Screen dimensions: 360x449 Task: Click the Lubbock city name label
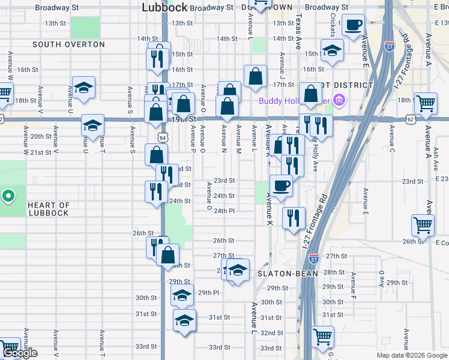pyautogui.click(x=164, y=7)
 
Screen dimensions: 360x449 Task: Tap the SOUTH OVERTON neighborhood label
pyautogui.click(x=68, y=44)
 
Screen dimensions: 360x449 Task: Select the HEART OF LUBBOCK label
pyautogui.click(x=49, y=209)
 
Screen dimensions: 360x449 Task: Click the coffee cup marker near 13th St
pyautogui.click(x=354, y=25)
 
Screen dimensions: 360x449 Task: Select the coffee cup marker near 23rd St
pyautogui.click(x=281, y=185)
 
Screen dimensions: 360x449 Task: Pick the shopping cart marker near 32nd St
pyautogui.click(x=322, y=337)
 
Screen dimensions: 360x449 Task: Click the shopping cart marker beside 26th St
pyautogui.click(x=423, y=226)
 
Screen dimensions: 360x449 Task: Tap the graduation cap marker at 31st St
pyautogui.click(x=184, y=319)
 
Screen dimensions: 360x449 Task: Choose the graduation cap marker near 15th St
pyautogui.click(x=331, y=50)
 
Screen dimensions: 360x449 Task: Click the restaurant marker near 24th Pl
pyautogui.click(x=294, y=218)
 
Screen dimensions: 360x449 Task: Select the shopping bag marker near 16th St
pyautogui.click(x=255, y=76)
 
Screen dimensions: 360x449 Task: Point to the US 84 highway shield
pyautogui.click(x=163, y=138)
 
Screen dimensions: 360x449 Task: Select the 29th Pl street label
pyautogui.click(x=208, y=293)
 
